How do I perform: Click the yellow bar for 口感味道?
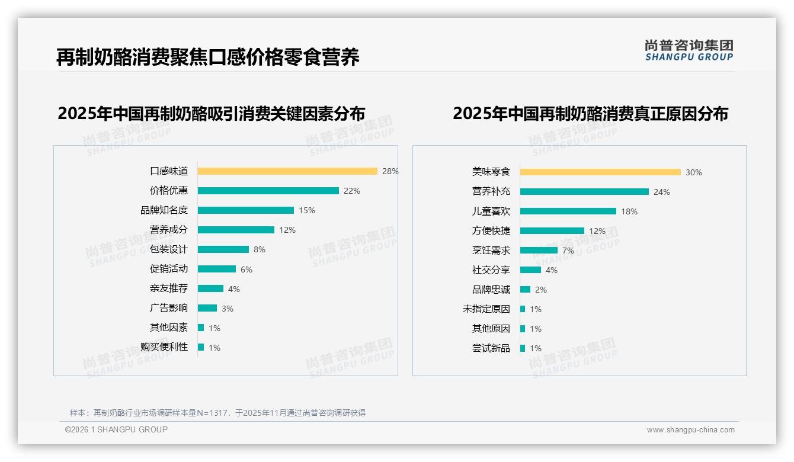click(x=287, y=171)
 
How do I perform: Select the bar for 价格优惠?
click(x=268, y=191)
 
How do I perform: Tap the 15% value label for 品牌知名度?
click(x=307, y=210)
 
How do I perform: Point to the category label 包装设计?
click(x=169, y=249)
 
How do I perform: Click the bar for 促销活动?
click(x=217, y=269)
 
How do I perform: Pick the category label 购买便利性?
click(x=164, y=347)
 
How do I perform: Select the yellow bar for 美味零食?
click(x=600, y=172)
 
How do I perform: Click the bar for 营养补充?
click(x=584, y=192)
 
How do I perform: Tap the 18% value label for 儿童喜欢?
click(x=629, y=211)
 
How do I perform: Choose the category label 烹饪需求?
click(x=491, y=251)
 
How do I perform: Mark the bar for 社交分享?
click(x=530, y=270)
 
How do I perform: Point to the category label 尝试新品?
click(x=491, y=348)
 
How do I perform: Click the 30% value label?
click(x=694, y=172)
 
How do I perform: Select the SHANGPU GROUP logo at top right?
click(x=689, y=50)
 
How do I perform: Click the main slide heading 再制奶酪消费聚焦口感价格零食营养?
click(x=208, y=57)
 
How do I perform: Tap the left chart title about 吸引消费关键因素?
click(x=212, y=113)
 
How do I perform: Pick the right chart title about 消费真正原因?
click(x=590, y=113)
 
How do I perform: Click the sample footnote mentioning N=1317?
click(x=217, y=413)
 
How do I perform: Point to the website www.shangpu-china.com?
click(x=690, y=430)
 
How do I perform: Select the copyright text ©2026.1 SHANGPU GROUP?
click(x=116, y=429)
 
